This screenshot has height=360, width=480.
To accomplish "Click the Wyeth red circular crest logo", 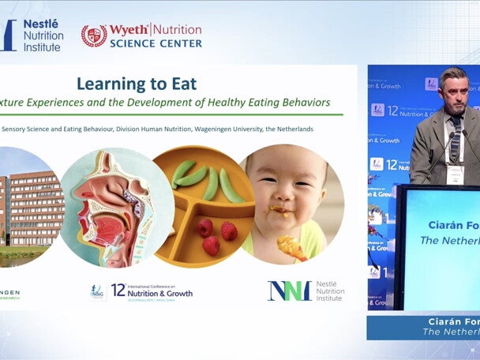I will click(95, 36).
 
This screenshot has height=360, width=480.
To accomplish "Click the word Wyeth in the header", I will click(129, 30).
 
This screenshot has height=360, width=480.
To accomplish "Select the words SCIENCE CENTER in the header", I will click(155, 43).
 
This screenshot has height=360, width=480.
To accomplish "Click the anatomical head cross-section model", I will click(106, 207).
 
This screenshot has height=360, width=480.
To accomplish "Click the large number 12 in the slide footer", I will click(118, 291).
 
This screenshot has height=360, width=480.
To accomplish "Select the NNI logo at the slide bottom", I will click(289, 291).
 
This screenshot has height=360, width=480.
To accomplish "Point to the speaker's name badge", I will click(455, 174).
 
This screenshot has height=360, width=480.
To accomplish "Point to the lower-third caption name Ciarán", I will click(445, 321).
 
